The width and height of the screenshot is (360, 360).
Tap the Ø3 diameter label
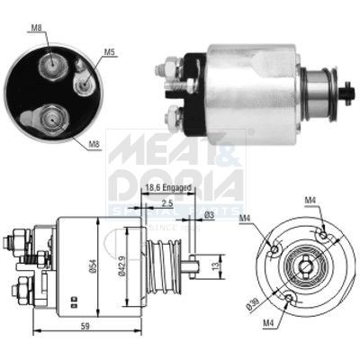209,214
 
